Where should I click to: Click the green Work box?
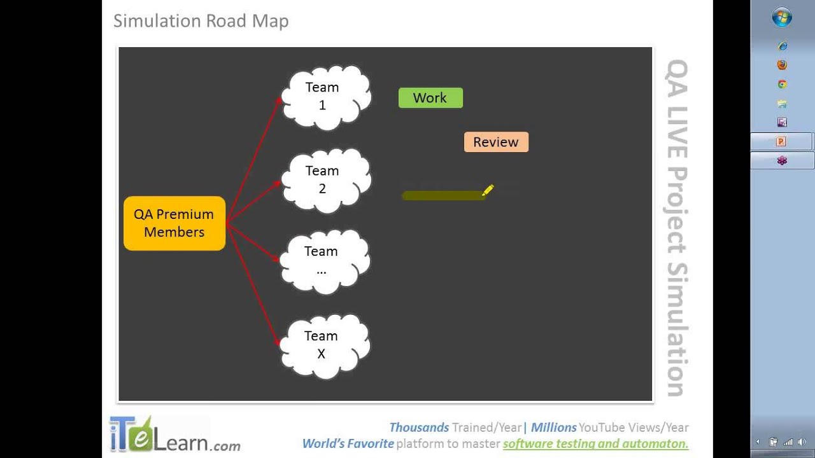click(430, 98)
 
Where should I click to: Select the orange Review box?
click(496, 142)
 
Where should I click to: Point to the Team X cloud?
click(325, 347)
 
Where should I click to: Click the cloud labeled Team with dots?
click(325, 261)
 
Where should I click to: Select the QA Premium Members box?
click(174, 223)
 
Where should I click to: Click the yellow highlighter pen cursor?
click(488, 190)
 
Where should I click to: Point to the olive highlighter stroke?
click(443, 195)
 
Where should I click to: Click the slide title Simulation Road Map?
click(201, 21)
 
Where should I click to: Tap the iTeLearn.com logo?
click(174, 434)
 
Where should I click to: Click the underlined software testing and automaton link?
click(595, 443)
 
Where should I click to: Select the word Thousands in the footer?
click(419, 427)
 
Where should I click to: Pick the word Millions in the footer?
click(554, 427)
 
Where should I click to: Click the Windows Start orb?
click(782, 17)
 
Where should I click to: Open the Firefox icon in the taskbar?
click(782, 65)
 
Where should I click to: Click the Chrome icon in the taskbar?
click(782, 85)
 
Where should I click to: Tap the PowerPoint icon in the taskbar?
click(781, 141)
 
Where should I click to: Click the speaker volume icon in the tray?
click(802, 442)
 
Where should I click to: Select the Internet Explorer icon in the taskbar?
click(782, 46)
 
